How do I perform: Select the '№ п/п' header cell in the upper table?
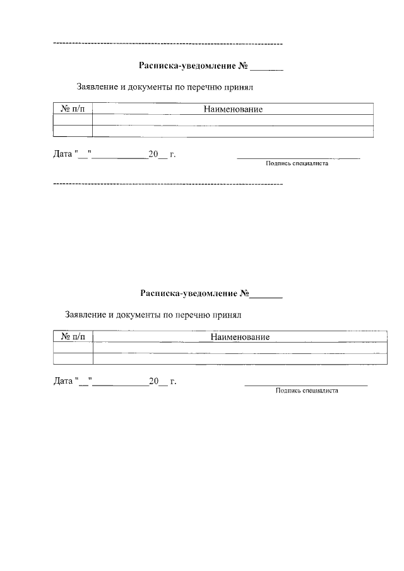click(x=73, y=109)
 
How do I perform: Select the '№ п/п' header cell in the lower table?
click(x=74, y=337)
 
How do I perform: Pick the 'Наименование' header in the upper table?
click(x=233, y=109)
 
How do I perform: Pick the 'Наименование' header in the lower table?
click(x=240, y=337)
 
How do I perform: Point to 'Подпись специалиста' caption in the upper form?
click(x=297, y=163)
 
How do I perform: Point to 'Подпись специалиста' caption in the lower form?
click(x=307, y=391)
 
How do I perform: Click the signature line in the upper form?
click(x=298, y=157)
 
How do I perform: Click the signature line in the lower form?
click(x=306, y=385)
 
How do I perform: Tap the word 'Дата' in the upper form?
click(x=62, y=153)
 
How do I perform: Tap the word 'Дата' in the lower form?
click(x=62, y=381)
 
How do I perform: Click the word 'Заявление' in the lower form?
click(x=86, y=314)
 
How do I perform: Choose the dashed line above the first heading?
click(x=168, y=44)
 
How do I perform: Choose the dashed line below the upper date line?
click(x=168, y=184)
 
